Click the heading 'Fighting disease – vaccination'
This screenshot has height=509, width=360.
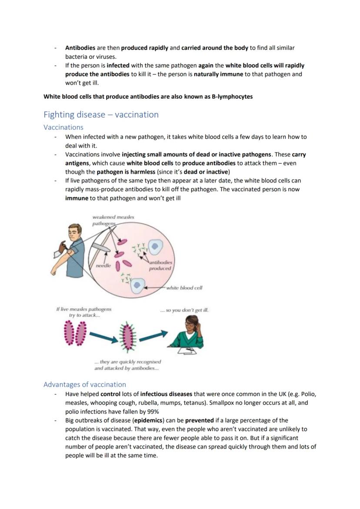pyautogui.click(x=101, y=115)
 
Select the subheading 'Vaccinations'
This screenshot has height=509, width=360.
pyautogui.click(x=63, y=127)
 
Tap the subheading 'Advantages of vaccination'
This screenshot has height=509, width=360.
pyautogui.click(x=85, y=384)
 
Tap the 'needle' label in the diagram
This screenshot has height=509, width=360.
pyautogui.click(x=103, y=265)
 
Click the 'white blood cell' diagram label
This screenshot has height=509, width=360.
pyautogui.click(x=184, y=288)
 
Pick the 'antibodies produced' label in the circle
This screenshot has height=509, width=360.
pyautogui.click(x=160, y=265)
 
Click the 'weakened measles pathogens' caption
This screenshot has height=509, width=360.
pyautogui.click(x=113, y=220)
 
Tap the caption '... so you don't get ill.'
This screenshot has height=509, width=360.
pyautogui.click(x=184, y=310)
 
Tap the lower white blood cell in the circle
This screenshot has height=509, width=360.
pyautogui.click(x=138, y=285)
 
